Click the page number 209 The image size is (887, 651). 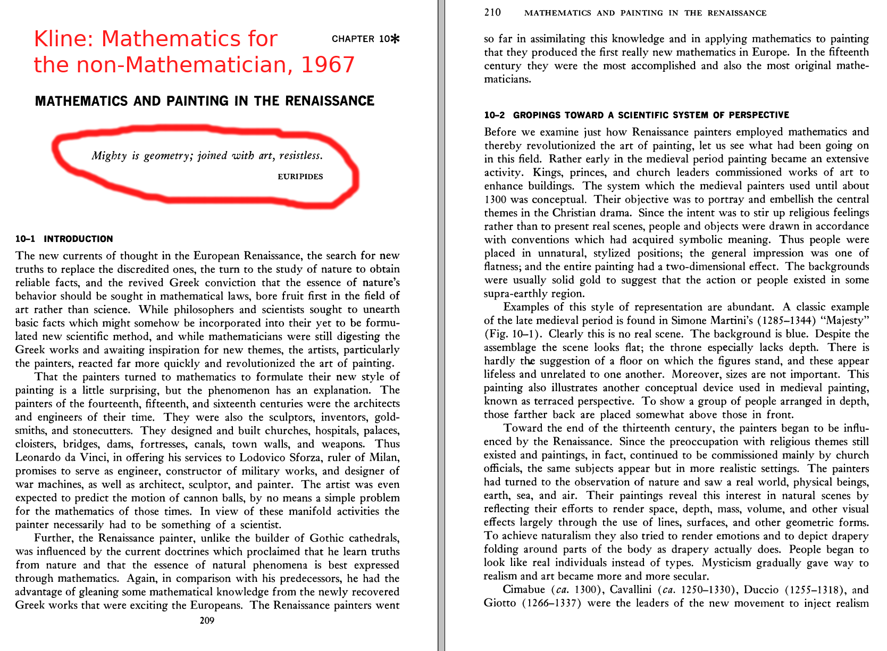point(207,620)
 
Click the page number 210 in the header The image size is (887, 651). point(492,12)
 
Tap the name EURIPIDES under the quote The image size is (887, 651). point(300,177)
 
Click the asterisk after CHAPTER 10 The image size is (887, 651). point(395,39)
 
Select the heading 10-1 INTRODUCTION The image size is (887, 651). point(64,239)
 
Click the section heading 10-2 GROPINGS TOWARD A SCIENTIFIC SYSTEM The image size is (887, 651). point(636,115)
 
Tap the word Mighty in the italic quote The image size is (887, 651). point(109,155)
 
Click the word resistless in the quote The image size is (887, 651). point(300,155)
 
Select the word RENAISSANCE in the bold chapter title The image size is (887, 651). point(330,101)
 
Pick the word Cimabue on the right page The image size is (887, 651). point(524,589)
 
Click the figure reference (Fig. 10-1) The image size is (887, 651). point(513,334)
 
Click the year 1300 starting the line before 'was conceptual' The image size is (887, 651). point(495,199)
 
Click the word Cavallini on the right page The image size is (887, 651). point(631,589)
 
